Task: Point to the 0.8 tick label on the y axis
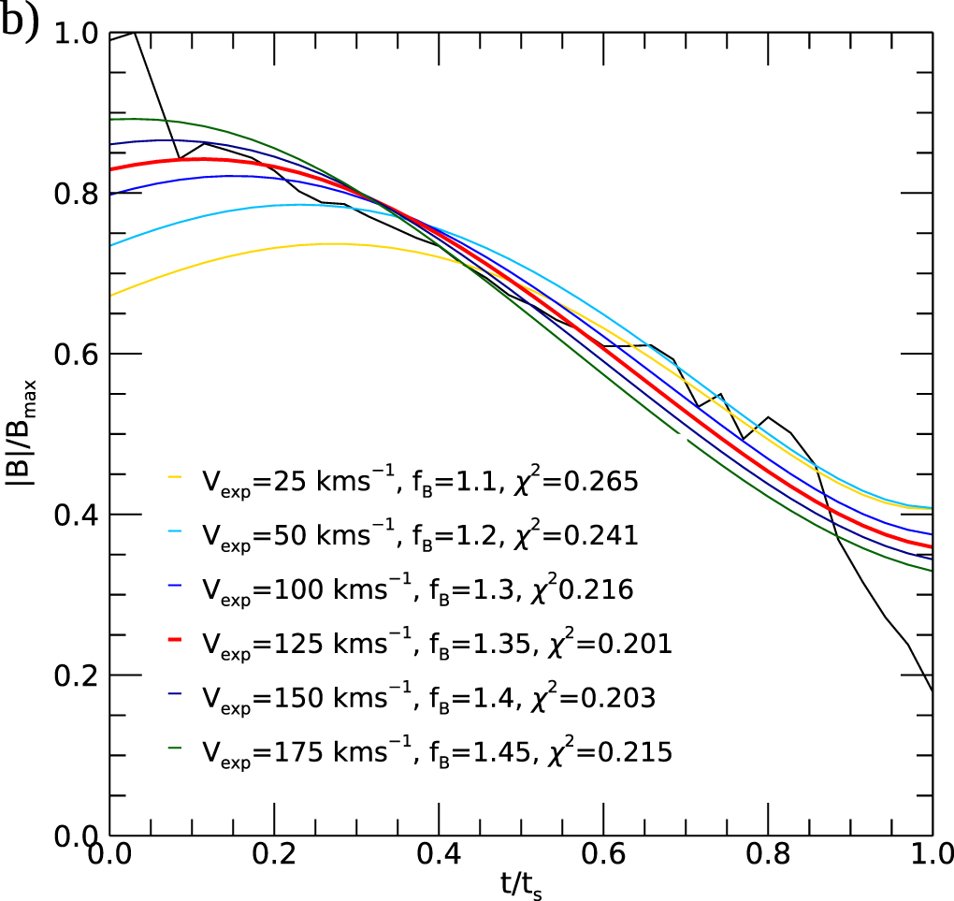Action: pyautogui.click(x=78, y=194)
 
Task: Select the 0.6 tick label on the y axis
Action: pyautogui.click(x=78, y=355)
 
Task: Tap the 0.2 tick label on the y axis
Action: pyautogui.click(x=78, y=676)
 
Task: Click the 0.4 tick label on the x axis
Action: pyautogui.click(x=439, y=854)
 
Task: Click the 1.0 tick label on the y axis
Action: pyautogui.click(x=78, y=34)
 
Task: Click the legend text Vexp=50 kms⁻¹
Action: pyautogui.click(x=303, y=535)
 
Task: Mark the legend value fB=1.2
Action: pyautogui.click(x=474, y=535)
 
